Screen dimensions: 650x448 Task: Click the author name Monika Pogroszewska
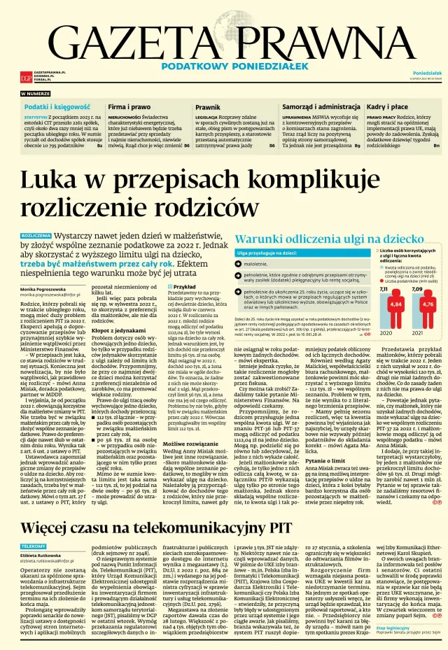(50, 289)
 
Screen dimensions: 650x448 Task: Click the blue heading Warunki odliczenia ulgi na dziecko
(325, 236)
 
